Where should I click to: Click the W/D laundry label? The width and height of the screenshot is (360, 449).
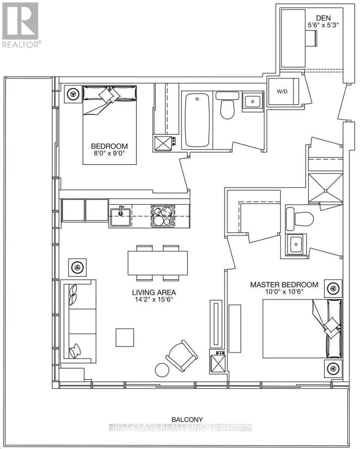pos(282,92)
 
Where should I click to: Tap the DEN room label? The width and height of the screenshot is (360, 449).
pos(323,18)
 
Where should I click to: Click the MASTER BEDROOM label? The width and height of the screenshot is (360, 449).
pos(284,285)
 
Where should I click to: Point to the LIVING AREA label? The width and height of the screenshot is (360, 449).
pos(154,292)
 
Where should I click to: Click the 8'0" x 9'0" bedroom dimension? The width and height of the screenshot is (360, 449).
pos(109,153)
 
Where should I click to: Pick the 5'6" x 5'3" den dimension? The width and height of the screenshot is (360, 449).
pos(323,25)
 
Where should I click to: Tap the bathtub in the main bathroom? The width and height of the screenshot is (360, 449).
pos(197,120)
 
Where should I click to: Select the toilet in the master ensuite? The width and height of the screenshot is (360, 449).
pos(300,219)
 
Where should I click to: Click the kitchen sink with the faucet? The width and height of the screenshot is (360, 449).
pos(120,217)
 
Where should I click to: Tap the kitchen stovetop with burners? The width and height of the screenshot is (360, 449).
pos(163,216)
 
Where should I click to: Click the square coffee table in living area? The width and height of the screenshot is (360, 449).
pos(125,337)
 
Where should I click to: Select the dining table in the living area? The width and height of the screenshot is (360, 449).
pos(158,263)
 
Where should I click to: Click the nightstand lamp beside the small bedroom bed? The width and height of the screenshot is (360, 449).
pos(73,94)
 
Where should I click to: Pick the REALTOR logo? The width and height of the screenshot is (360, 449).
pos(20,25)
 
